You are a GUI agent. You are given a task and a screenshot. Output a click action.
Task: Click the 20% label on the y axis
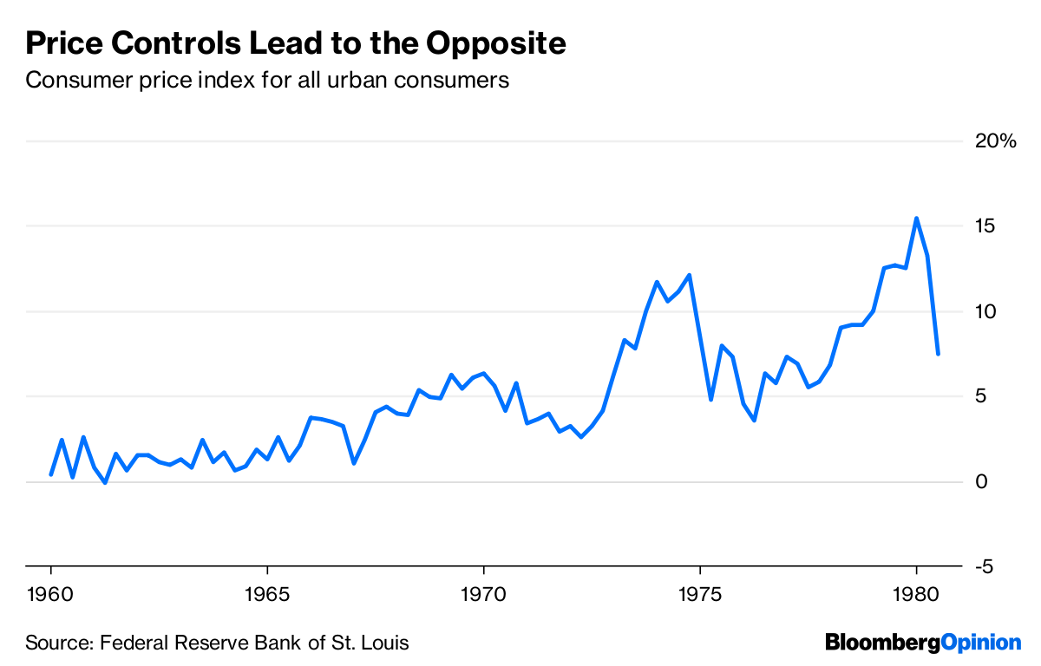[x=993, y=141]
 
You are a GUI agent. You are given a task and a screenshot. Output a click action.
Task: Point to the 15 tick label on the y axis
[x=985, y=226]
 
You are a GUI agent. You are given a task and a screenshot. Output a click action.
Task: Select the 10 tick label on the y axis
[x=985, y=311]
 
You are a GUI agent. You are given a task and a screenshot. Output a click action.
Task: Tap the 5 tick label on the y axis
[x=981, y=396]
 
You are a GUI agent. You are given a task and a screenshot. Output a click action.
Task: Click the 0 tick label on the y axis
[x=981, y=481]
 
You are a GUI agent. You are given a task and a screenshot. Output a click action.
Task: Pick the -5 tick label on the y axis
[x=984, y=566]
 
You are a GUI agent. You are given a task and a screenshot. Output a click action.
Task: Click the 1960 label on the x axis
[x=51, y=596]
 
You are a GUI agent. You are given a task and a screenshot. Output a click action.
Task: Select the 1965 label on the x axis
[x=267, y=596]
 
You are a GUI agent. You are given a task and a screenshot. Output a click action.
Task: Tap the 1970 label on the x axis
[x=483, y=596]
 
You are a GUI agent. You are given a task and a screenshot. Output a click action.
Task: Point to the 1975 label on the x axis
[x=700, y=596]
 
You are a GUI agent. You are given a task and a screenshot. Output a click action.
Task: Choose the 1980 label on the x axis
[x=916, y=596]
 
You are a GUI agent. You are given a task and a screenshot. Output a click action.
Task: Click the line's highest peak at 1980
[x=916, y=219]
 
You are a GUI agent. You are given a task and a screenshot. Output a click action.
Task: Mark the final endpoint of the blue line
[x=938, y=354]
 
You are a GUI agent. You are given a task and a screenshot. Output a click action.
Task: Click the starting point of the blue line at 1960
[x=51, y=474]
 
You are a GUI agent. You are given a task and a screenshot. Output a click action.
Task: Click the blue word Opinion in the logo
[x=981, y=643]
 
